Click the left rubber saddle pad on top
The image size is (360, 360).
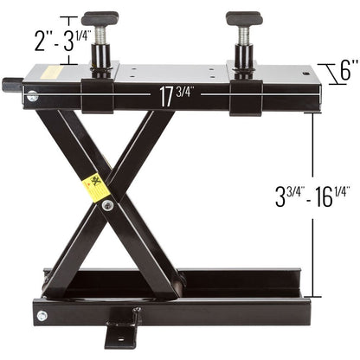point(100,17)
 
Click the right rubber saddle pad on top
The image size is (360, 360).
point(245,17)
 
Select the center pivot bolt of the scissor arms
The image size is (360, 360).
point(107,206)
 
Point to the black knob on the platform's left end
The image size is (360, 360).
point(10,85)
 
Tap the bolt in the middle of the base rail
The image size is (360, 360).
point(136,309)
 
